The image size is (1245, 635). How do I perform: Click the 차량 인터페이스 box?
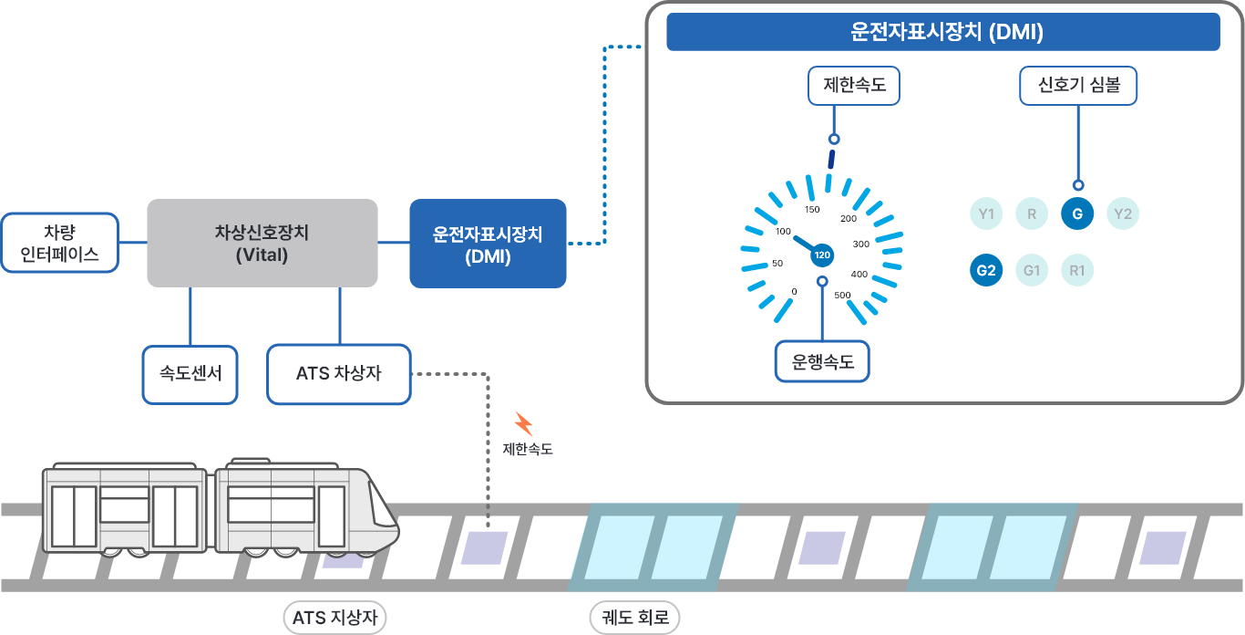click(x=60, y=243)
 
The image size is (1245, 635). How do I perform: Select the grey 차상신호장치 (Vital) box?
click(x=262, y=243)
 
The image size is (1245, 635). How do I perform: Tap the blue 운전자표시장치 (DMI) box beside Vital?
click(x=488, y=243)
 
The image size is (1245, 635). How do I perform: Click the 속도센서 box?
click(x=190, y=374)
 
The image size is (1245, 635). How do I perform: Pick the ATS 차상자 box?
click(x=338, y=374)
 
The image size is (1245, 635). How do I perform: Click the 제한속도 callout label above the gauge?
click(x=853, y=87)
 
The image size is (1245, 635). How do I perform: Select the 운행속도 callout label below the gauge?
click(x=822, y=361)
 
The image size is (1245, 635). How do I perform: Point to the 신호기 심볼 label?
click(x=1078, y=87)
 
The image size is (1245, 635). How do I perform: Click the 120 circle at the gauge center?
click(x=822, y=255)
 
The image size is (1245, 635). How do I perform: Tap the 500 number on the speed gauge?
click(x=843, y=295)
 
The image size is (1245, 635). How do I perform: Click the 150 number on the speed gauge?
click(x=812, y=210)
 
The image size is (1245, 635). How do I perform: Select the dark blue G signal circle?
click(x=1077, y=214)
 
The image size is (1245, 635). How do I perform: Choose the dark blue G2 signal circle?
click(x=986, y=270)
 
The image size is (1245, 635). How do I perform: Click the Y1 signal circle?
click(x=985, y=214)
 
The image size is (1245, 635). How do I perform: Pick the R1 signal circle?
click(x=1077, y=270)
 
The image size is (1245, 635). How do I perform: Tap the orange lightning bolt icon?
click(x=523, y=424)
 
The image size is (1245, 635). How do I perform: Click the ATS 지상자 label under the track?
click(x=335, y=619)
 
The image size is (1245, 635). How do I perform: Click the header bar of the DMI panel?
click(x=943, y=33)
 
